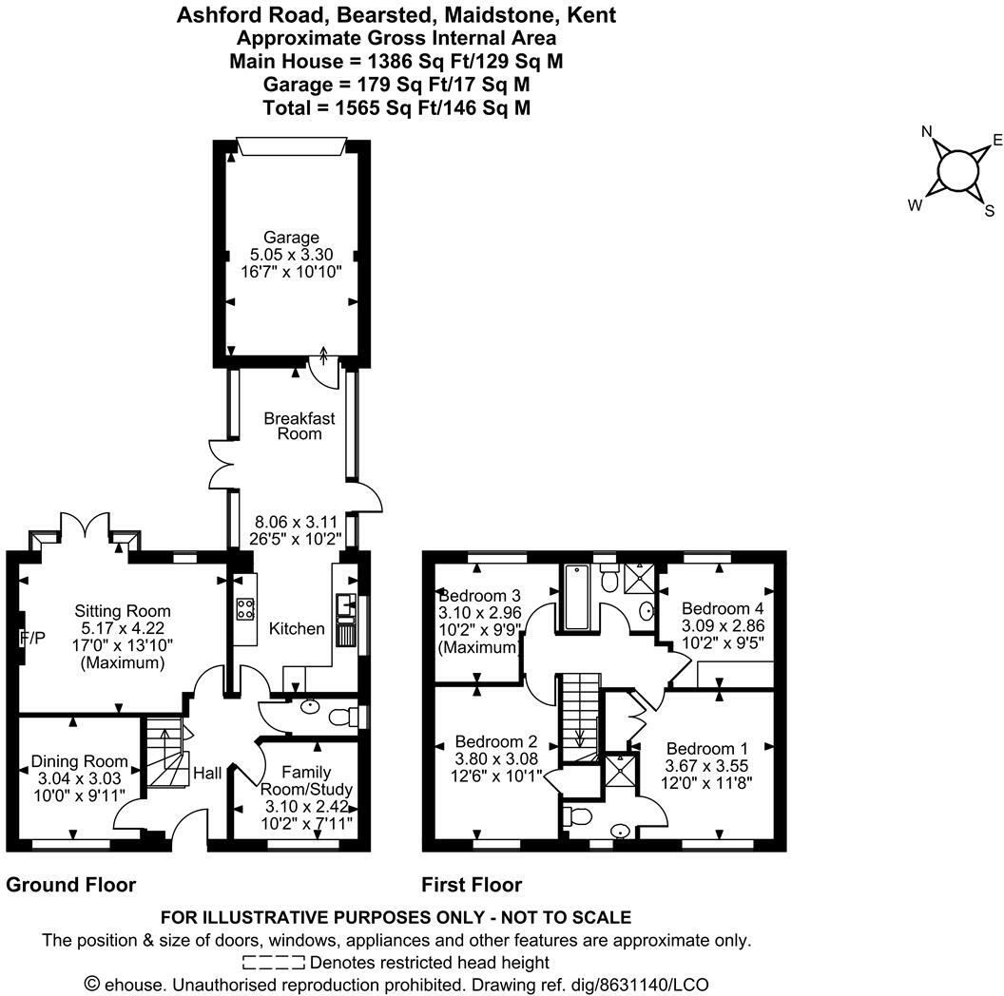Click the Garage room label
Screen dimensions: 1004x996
click(x=292, y=238)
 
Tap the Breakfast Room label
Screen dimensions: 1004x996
click(x=299, y=425)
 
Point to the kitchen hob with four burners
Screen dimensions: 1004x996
click(x=244, y=608)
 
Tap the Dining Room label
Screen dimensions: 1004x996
click(x=80, y=761)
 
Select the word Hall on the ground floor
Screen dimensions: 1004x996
click(x=206, y=774)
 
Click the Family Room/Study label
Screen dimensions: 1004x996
click(x=305, y=780)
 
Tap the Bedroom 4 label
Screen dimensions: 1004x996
click(x=723, y=608)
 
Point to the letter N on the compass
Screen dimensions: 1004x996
click(x=927, y=132)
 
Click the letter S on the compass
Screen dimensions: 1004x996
click(x=989, y=210)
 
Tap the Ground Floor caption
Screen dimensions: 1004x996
click(x=71, y=885)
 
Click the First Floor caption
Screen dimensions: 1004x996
click(x=472, y=885)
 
